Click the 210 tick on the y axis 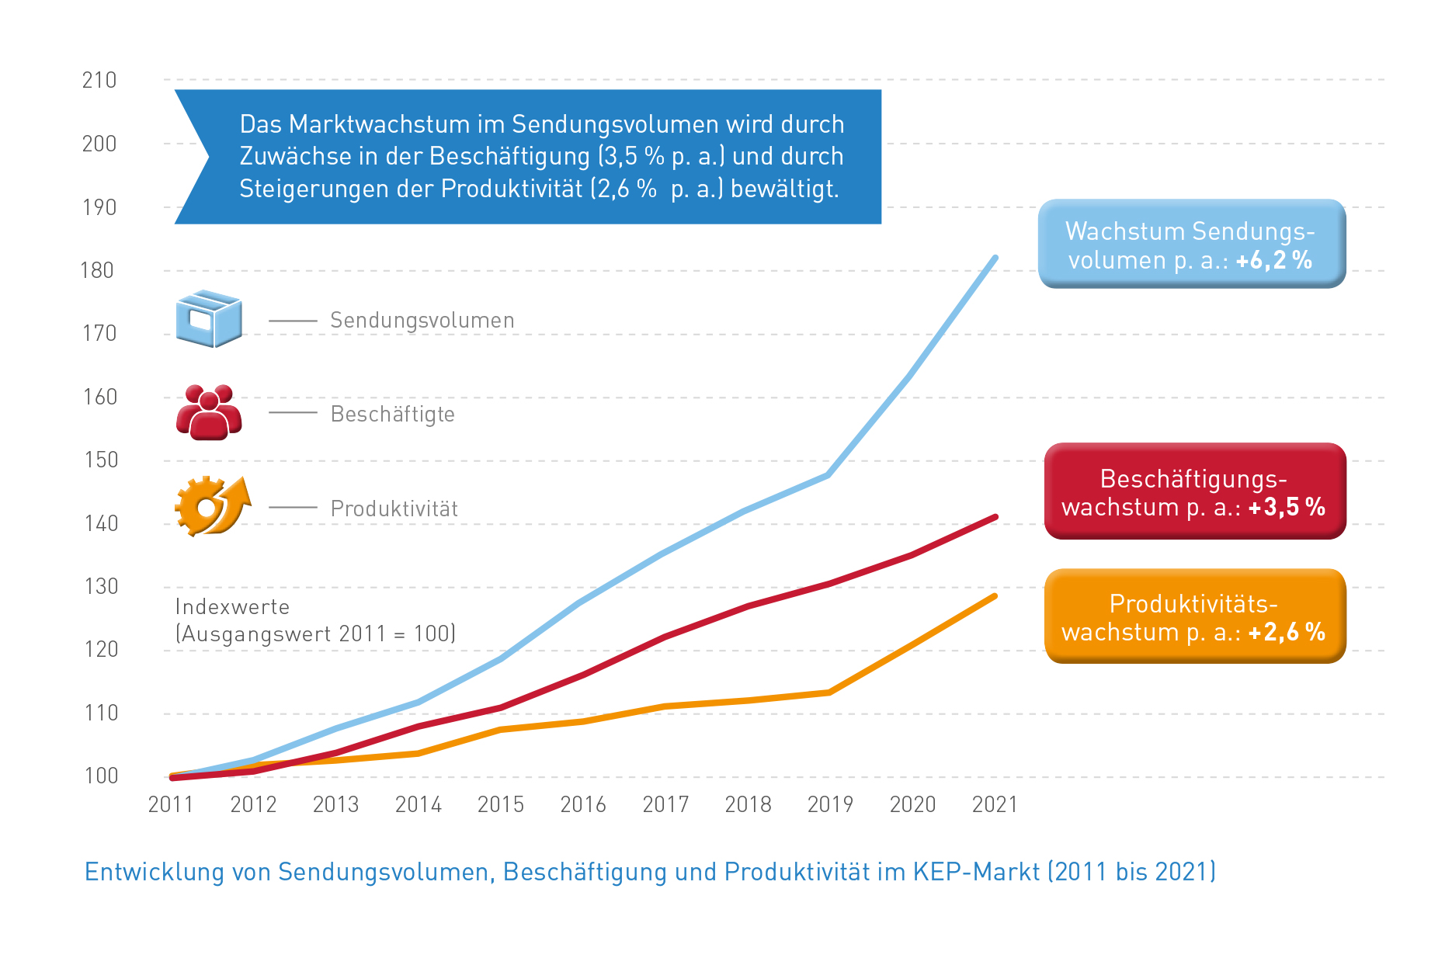point(99,80)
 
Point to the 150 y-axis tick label point(101,460)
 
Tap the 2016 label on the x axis point(583,804)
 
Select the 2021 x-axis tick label point(995,804)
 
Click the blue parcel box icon point(209,318)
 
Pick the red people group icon point(209,412)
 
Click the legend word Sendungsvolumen point(422,320)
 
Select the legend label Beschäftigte point(393,414)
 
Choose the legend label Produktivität point(394,509)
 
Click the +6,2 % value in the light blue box point(1274,260)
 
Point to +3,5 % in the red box point(1287,507)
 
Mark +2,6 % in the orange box point(1287,632)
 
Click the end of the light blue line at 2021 point(995,258)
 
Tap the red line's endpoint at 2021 point(995,517)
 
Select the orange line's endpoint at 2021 point(995,596)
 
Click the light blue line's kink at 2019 point(829,474)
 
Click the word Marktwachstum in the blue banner point(380,124)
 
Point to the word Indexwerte point(232,606)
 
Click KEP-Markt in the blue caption point(976,872)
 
